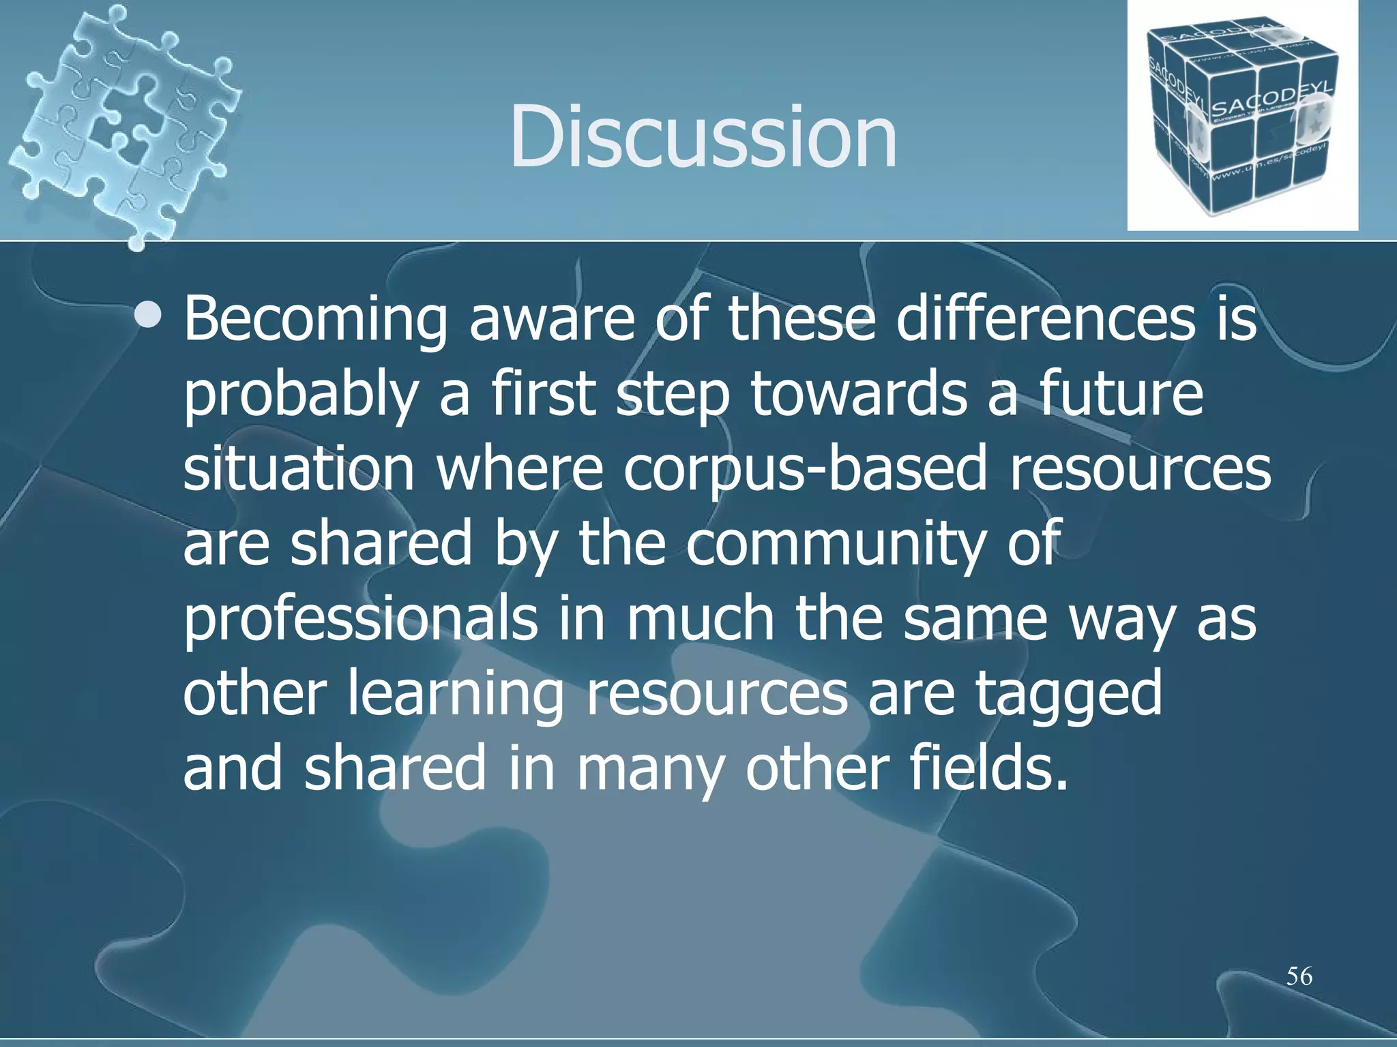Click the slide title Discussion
click(703, 136)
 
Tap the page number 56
click(1299, 976)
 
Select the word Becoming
click(316, 320)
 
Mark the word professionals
click(360, 619)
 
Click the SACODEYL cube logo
click(1241, 116)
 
